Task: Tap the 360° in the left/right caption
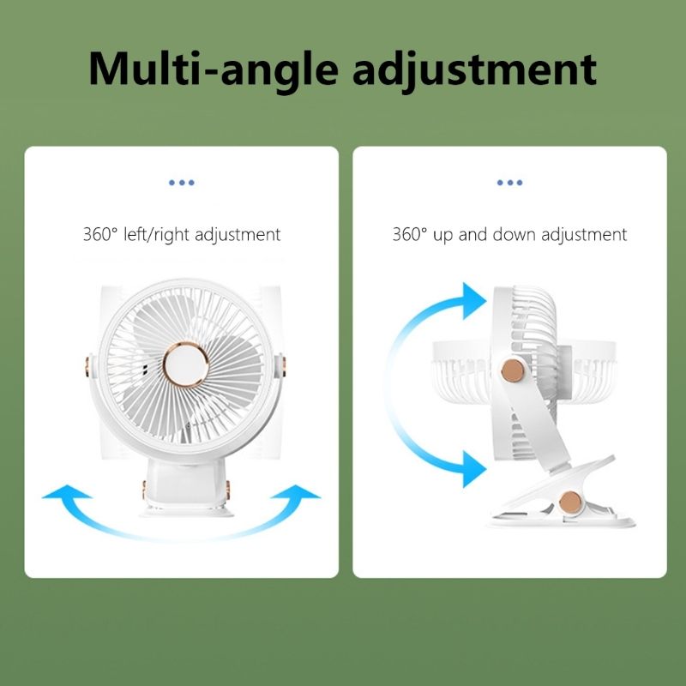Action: point(100,234)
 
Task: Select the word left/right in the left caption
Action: point(157,235)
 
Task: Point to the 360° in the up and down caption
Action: point(410,234)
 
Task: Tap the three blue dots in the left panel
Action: point(182,183)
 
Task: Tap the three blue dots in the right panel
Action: point(509,183)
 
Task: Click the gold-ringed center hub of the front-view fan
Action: point(186,364)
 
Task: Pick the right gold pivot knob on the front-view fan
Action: point(284,367)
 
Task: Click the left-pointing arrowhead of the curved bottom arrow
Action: point(67,492)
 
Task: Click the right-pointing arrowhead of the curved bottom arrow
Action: point(296,492)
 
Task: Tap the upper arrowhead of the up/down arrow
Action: point(474,301)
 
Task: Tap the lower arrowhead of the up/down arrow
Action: point(474,469)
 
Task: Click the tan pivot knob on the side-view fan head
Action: point(513,370)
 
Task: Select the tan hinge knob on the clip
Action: point(570,502)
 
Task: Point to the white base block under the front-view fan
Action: point(186,485)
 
